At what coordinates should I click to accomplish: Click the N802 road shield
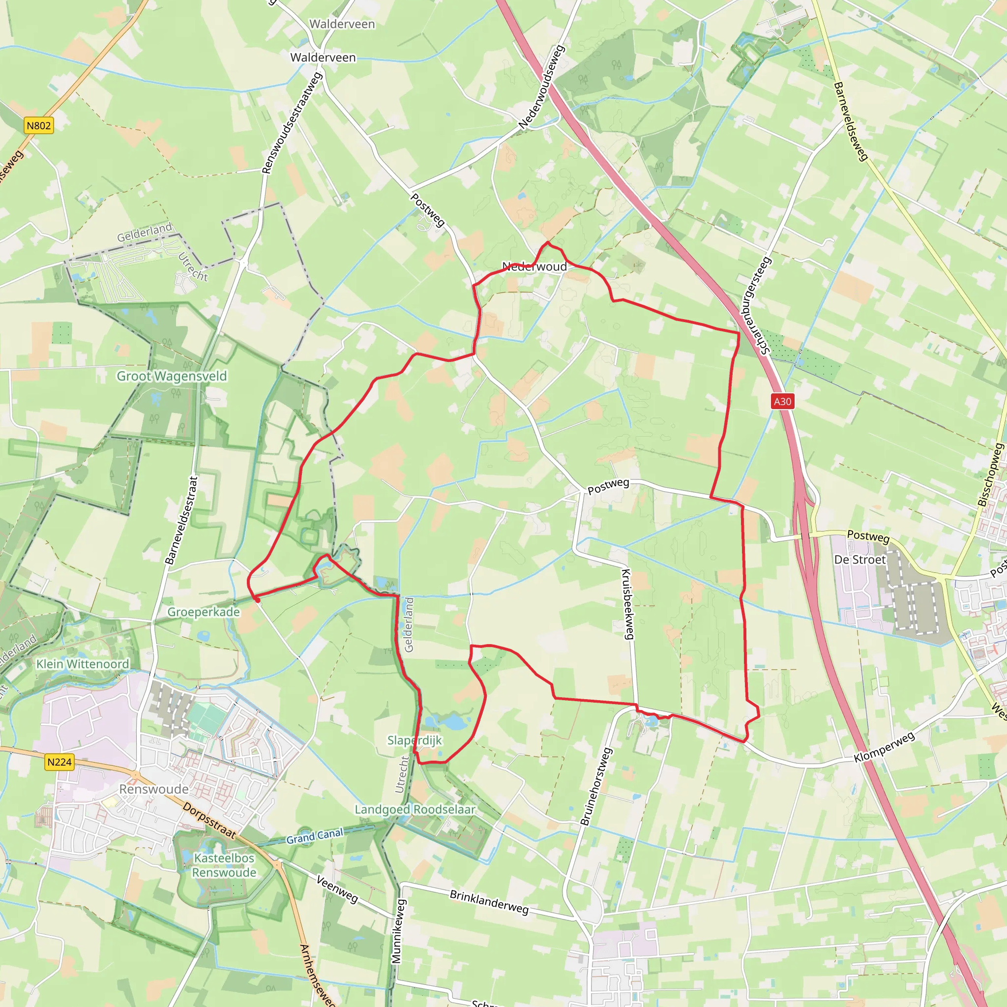tap(39, 125)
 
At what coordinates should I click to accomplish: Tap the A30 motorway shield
tap(782, 401)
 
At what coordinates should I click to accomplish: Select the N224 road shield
tap(59, 762)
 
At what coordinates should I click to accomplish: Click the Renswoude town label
tap(154, 789)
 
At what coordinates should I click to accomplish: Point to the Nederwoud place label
tap(534, 267)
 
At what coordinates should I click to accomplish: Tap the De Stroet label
tap(859, 560)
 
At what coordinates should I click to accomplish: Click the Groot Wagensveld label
tap(172, 376)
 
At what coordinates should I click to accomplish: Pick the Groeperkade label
tap(203, 612)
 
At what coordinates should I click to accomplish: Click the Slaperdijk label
tap(415, 740)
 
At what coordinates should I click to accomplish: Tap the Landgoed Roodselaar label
tap(415, 809)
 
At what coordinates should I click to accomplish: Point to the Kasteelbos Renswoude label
tap(224, 865)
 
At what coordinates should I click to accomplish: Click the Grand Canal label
tap(315, 836)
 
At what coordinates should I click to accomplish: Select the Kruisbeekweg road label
tap(628, 604)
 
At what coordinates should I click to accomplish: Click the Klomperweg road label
tap(885, 747)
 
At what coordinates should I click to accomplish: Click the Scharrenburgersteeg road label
tap(758, 305)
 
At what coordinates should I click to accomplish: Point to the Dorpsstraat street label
tap(209, 821)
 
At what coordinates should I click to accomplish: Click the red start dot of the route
tap(257, 600)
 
